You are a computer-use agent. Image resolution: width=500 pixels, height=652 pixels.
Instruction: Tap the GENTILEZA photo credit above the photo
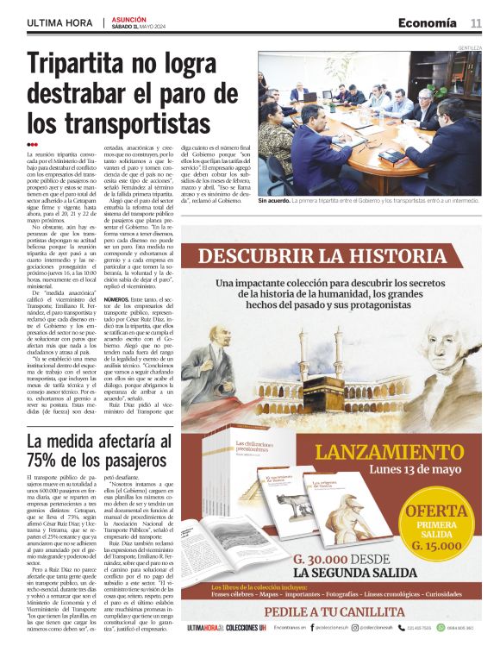pos(471,47)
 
